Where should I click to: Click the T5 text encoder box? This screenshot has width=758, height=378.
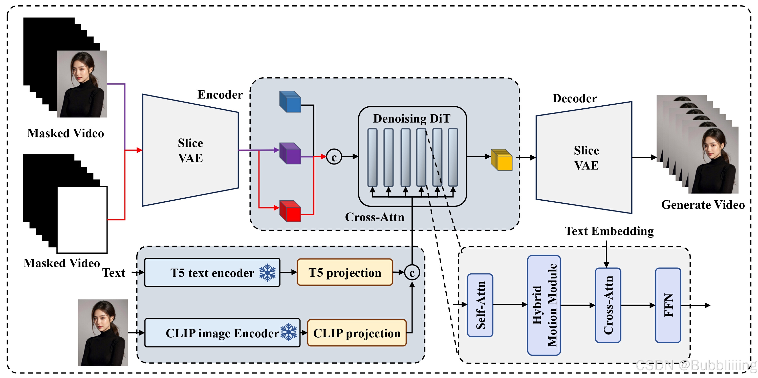[x=212, y=272]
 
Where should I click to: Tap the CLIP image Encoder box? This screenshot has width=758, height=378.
[x=222, y=333]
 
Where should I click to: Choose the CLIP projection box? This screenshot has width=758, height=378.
[x=357, y=333]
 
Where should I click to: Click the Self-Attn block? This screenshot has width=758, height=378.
[x=480, y=305]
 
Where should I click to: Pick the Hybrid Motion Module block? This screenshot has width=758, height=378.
[x=544, y=305]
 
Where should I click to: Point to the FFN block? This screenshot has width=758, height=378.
[x=668, y=305]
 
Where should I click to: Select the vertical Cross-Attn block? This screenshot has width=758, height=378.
[x=608, y=305]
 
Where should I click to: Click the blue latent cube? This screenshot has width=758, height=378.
[x=290, y=102]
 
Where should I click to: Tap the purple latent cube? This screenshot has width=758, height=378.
[x=290, y=153]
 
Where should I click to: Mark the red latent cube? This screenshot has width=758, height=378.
[x=290, y=211]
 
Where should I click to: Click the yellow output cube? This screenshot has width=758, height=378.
[x=502, y=160]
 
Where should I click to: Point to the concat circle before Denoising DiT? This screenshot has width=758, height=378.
[x=334, y=157]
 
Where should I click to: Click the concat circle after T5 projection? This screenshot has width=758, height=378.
[x=412, y=272]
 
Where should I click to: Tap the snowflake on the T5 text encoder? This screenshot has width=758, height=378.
[x=267, y=272]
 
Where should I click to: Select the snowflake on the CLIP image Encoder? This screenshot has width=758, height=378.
[x=289, y=332]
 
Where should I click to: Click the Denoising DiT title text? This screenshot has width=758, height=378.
[x=412, y=119]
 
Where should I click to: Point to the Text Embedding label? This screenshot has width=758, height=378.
[x=609, y=231]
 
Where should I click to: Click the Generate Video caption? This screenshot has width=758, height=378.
[x=703, y=205]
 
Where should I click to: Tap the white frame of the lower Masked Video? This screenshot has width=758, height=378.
[x=82, y=220]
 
